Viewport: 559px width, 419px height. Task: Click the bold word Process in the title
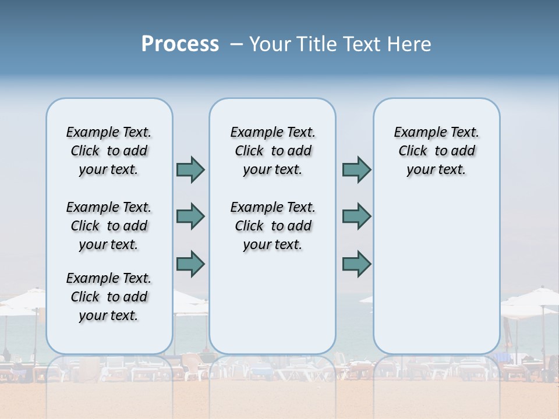click(180, 44)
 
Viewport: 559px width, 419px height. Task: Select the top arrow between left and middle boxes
click(190, 169)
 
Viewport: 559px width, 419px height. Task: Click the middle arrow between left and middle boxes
click(190, 216)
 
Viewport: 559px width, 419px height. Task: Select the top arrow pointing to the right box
click(356, 169)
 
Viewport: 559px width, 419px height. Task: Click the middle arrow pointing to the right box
click(356, 216)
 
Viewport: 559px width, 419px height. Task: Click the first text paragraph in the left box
click(109, 151)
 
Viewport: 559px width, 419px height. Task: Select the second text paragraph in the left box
click(109, 226)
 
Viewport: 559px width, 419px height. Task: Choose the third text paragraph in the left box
click(109, 297)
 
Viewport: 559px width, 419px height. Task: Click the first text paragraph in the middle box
click(273, 151)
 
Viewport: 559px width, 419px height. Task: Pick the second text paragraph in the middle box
click(273, 226)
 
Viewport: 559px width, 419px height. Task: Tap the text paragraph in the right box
click(437, 151)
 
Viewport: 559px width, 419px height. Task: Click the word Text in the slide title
click(361, 44)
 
